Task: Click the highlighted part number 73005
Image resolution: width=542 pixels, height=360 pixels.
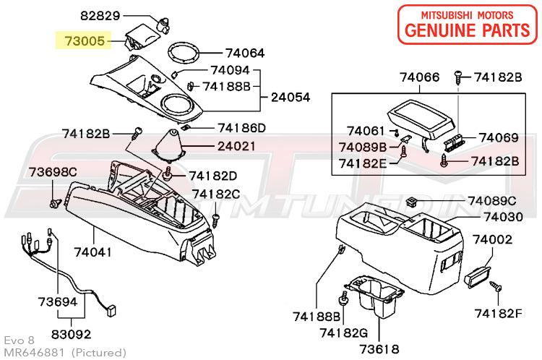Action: click(x=85, y=40)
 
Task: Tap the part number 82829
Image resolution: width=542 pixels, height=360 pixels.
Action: click(x=100, y=16)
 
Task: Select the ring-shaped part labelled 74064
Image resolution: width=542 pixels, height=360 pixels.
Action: click(x=184, y=53)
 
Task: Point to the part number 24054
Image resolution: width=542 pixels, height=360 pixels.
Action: click(x=291, y=97)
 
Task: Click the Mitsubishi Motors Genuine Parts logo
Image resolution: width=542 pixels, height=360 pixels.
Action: click(x=468, y=25)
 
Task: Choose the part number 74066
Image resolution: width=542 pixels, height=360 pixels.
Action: click(x=420, y=77)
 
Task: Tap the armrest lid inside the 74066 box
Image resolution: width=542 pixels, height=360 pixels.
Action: click(x=421, y=119)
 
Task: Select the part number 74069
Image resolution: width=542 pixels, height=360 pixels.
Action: click(x=499, y=137)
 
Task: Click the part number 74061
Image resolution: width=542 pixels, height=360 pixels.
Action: click(x=366, y=131)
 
